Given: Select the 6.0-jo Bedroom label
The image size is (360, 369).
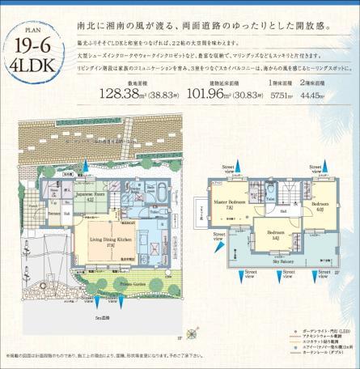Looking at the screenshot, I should pyautogui.click(x=320, y=205).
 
